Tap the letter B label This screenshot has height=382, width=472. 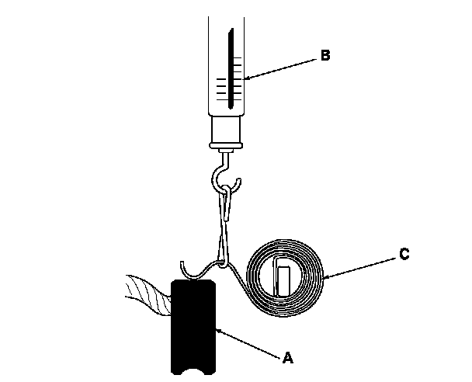[325, 55]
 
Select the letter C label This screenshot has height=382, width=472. [405, 254]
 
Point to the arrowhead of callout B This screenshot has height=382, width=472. [245, 79]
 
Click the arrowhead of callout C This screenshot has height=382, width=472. [325, 276]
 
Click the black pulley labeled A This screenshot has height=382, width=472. [193, 326]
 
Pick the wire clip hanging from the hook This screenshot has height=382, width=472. [226, 225]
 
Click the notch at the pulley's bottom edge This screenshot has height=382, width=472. [193, 374]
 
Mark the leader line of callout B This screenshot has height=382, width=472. [283, 67]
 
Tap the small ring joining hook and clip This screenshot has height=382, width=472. [226, 189]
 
